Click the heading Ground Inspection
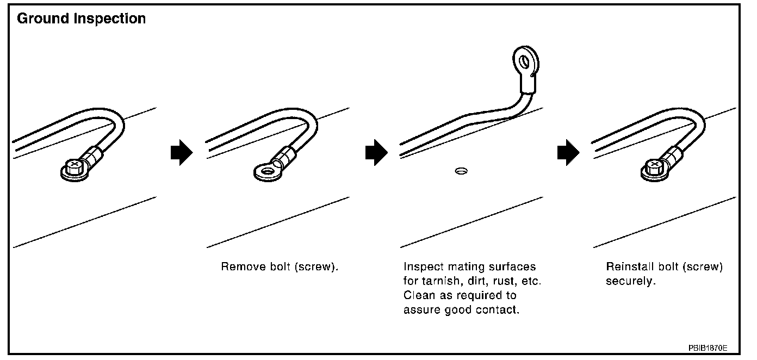tap(82, 19)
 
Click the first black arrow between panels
tap(182, 153)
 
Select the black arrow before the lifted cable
tap(376, 153)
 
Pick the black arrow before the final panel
tap(569, 153)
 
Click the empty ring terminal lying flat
tap(266, 172)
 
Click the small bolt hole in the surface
tap(461, 172)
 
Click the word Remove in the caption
tap(240, 267)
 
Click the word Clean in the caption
tap(418, 296)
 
